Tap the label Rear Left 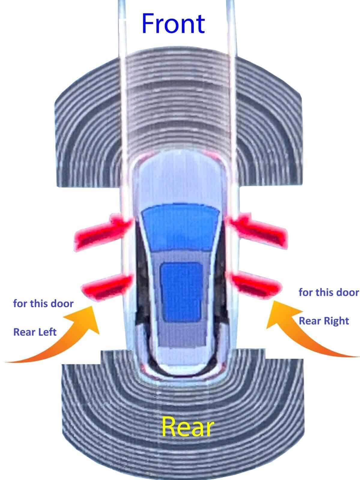(35, 332)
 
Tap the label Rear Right (324, 321)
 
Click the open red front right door (258, 229)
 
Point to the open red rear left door (105, 286)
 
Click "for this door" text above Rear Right (328, 292)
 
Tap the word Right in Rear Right (336, 321)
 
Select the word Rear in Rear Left (23, 332)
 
